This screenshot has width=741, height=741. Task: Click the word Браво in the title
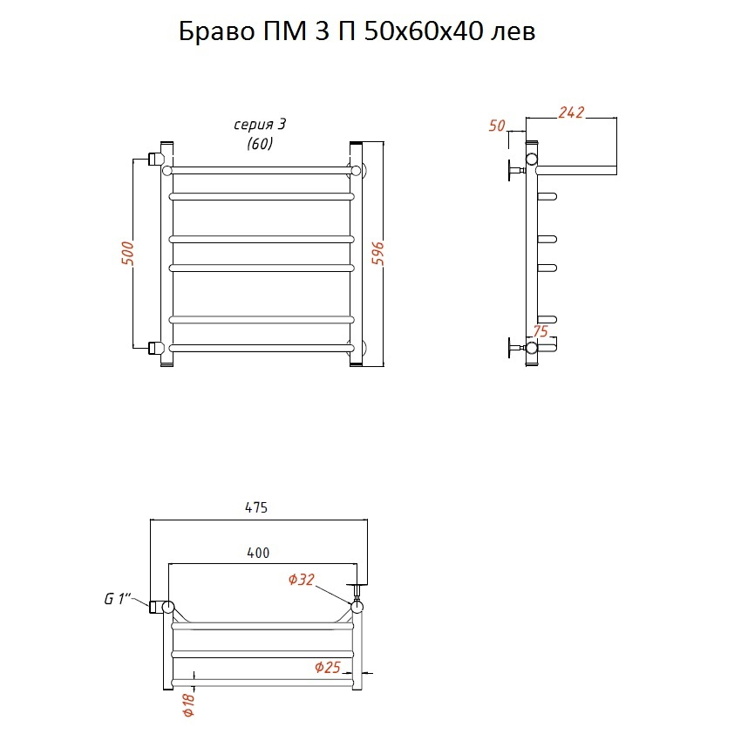(216, 31)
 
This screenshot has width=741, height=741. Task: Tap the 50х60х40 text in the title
(425, 31)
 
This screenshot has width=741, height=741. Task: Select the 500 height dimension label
(127, 254)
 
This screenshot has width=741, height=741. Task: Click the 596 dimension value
(377, 254)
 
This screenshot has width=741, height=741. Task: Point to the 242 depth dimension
(571, 112)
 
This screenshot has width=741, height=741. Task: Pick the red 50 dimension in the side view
(497, 126)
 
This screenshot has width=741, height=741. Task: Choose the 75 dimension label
(540, 331)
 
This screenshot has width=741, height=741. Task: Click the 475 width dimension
(256, 507)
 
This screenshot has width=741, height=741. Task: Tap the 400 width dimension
(258, 553)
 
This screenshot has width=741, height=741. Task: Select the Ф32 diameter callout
(302, 580)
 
